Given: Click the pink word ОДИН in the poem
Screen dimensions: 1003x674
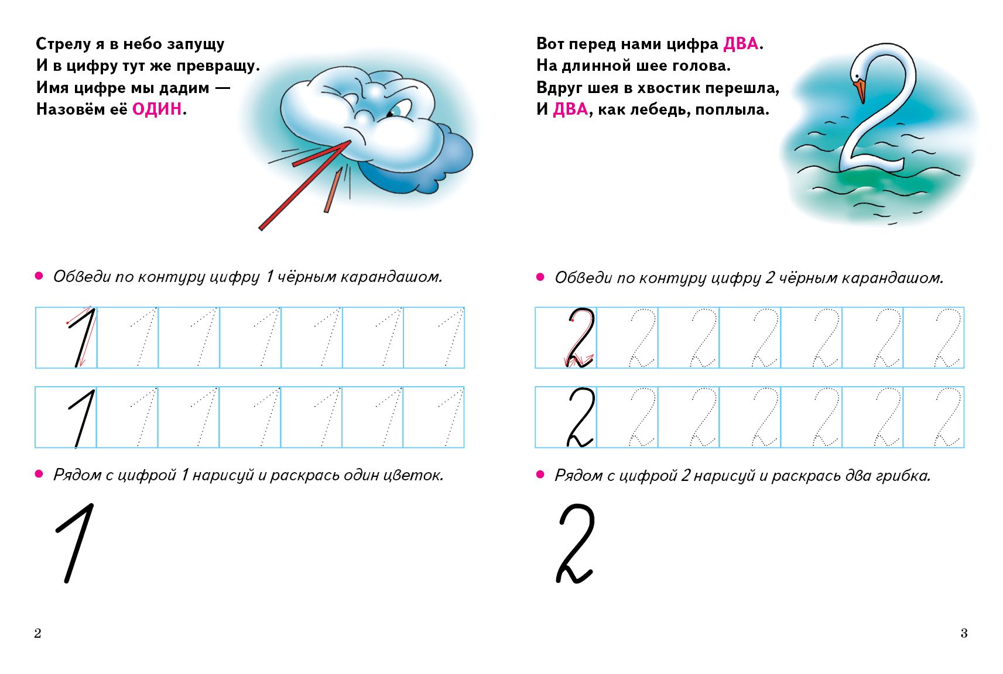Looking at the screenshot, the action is coord(157,109).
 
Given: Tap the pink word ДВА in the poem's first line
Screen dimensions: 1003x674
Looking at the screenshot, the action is coord(741,44).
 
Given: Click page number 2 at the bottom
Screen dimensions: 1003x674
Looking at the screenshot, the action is coord(37,633).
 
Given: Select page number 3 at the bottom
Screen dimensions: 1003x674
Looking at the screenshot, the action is coord(964,633).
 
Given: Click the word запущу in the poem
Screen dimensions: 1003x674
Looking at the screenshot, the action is coord(196,44).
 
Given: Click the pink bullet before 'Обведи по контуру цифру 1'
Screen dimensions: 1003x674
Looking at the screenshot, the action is coord(39,276).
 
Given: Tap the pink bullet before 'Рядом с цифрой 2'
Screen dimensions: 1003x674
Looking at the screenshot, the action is coord(540,474).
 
